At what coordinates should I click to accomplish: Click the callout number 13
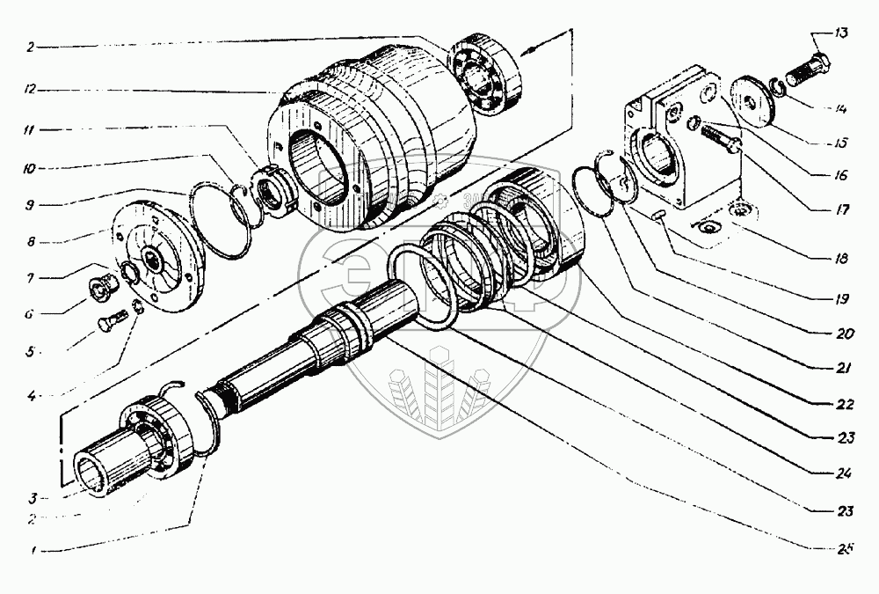pyautogui.click(x=841, y=34)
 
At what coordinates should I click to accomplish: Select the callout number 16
pyautogui.click(x=841, y=175)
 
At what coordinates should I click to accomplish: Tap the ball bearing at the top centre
pyautogui.click(x=486, y=77)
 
